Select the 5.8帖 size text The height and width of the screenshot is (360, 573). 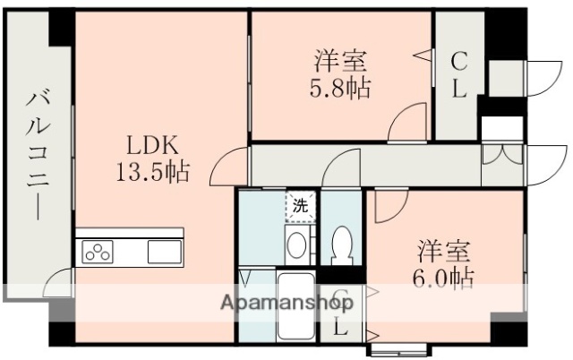click(x=341, y=89)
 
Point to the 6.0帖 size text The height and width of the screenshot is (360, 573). click(x=443, y=276)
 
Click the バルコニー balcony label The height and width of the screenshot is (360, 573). click(x=37, y=153)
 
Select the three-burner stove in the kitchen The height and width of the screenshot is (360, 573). click(x=98, y=253)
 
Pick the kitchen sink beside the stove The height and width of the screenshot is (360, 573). click(x=164, y=252)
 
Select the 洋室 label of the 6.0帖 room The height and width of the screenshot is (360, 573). click(x=443, y=248)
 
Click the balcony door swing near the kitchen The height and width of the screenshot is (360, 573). click(x=58, y=286)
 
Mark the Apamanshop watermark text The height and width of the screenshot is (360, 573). click(x=285, y=302)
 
